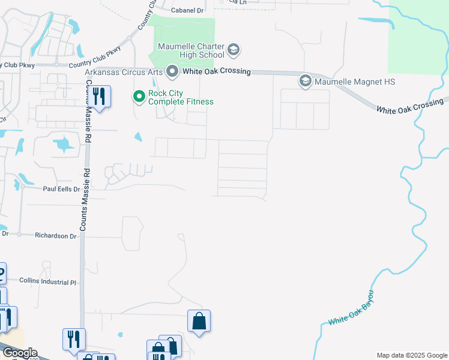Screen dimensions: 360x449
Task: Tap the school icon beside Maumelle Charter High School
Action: click(234, 49)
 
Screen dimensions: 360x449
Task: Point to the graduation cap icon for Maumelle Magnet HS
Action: click(305, 80)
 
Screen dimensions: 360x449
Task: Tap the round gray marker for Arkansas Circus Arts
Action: click(172, 72)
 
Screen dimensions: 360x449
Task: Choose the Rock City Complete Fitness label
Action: click(181, 97)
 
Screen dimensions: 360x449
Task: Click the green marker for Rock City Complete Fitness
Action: click(139, 96)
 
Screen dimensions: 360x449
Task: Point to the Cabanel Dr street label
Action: click(188, 10)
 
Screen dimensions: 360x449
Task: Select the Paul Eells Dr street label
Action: click(61, 189)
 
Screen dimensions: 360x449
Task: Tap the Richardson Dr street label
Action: click(56, 236)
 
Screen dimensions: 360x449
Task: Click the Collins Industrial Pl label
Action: click(49, 281)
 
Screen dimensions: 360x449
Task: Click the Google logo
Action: click(19, 352)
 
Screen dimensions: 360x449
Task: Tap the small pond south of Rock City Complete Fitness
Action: click(139, 137)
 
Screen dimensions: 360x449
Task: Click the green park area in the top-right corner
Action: click(418, 36)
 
